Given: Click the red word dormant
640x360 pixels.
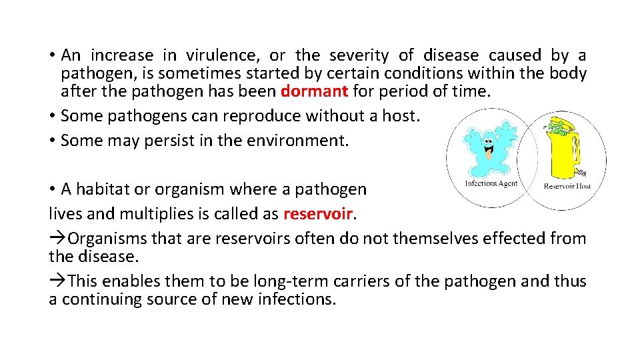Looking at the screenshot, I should pos(314,91).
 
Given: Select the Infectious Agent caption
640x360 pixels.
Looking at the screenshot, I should pos(491,184).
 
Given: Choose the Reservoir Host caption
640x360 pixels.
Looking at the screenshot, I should pos(567,186).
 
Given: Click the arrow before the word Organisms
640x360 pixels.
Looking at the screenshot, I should pos(58,239).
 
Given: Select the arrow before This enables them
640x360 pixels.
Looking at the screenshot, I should pos(58,281).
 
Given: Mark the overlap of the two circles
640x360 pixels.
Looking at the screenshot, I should pos(527,160).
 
